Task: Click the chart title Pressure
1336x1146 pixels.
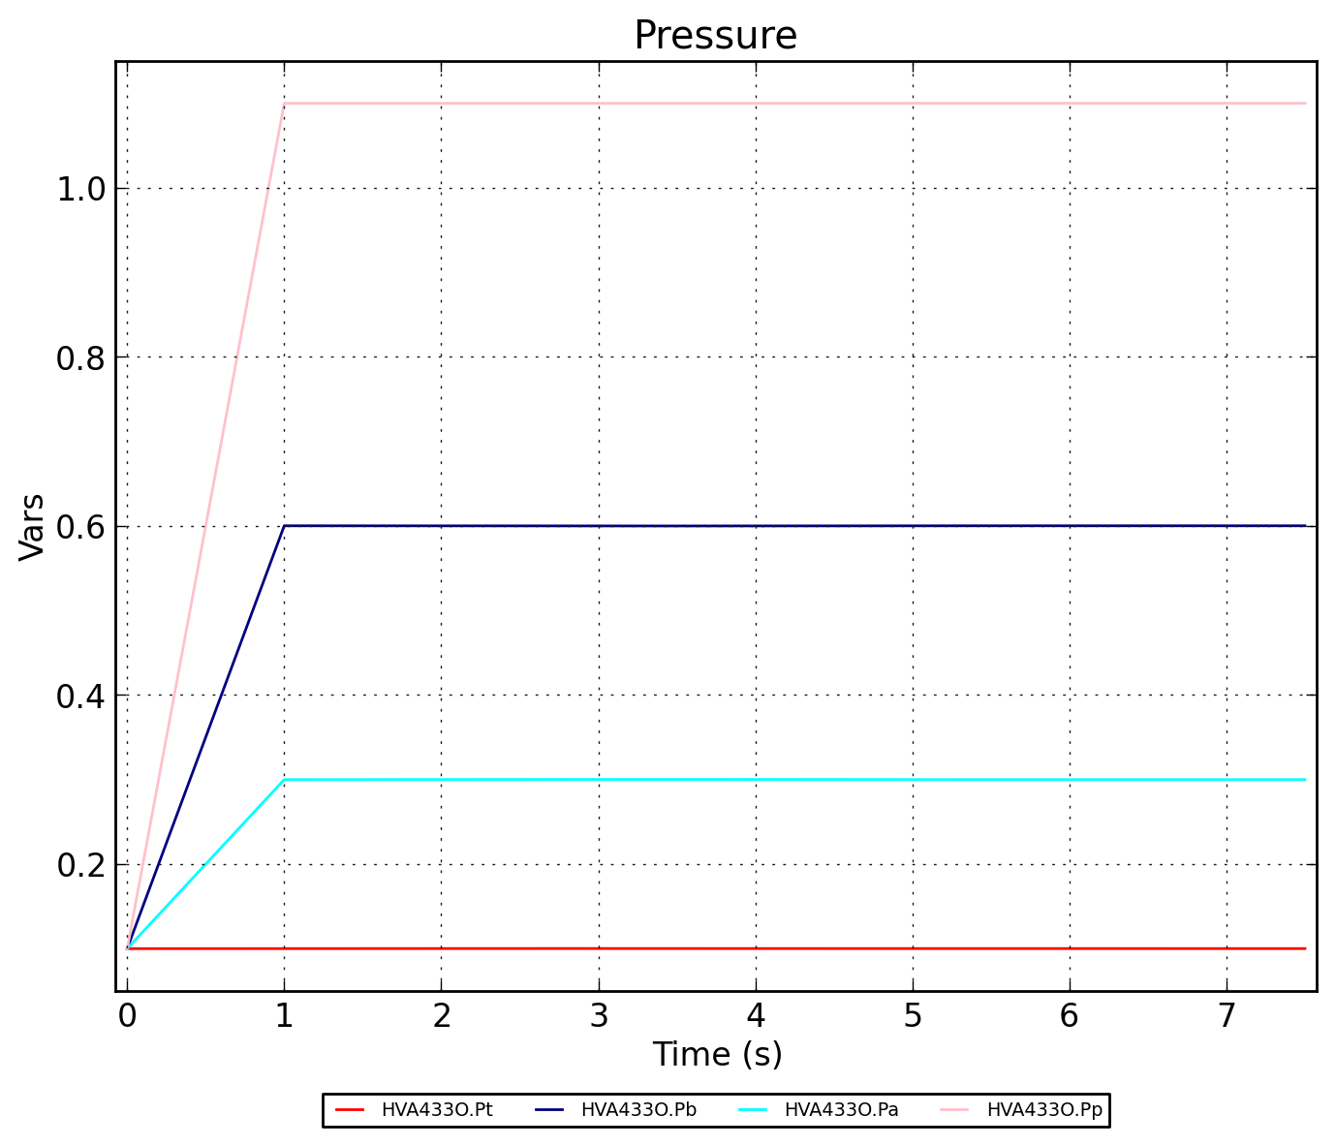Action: coord(715,36)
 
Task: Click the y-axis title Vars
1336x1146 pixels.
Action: coord(32,526)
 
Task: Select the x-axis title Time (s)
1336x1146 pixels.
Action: coord(717,1054)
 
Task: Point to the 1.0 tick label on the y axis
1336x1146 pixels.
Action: coord(80,189)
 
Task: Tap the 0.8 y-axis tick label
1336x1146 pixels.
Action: coord(80,358)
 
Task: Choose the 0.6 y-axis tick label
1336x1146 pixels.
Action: coord(80,527)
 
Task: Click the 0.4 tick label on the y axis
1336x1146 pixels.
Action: coord(80,696)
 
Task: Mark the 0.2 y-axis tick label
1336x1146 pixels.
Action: coord(80,865)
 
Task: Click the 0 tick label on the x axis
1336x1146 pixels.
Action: coord(127,1015)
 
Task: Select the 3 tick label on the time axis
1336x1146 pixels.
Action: coord(599,1015)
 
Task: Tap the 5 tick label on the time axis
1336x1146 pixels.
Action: coord(913,1015)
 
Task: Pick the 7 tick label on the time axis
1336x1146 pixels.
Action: coord(1227,1015)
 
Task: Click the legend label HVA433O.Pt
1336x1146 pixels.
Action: coord(437,1110)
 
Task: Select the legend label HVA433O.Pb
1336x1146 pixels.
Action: coord(638,1110)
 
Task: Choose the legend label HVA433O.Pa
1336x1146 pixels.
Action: coord(841,1110)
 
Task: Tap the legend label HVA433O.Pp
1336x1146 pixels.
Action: coord(1044,1110)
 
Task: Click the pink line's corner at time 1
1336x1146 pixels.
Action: coord(284,103)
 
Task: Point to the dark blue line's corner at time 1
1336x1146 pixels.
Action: coord(284,526)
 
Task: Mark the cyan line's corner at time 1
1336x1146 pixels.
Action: coord(284,780)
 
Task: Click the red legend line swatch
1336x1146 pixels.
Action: coord(349,1110)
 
